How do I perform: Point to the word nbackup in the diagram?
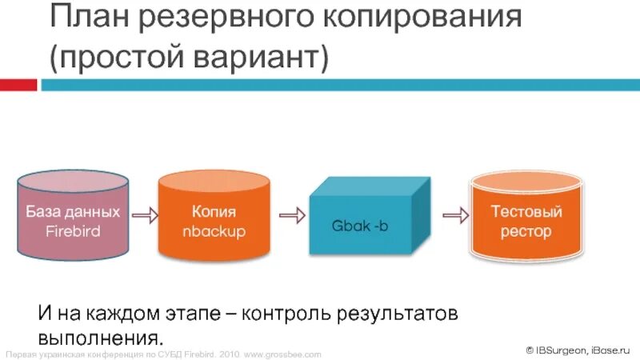pos(214,232)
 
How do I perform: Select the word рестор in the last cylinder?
pos(526,232)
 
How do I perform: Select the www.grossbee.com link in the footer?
pos(283,354)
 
